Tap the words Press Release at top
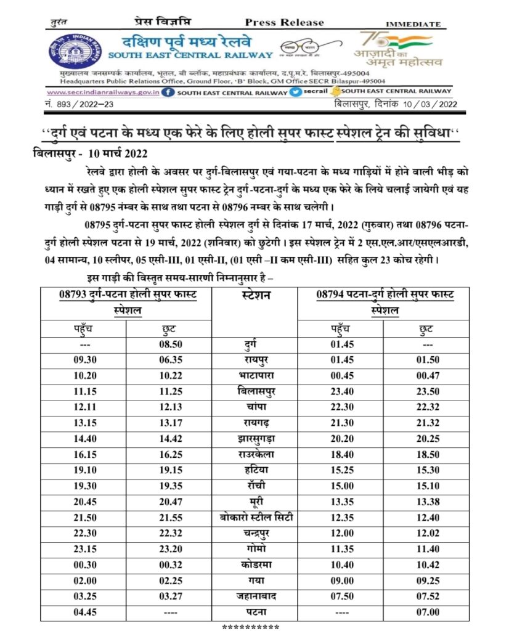[284, 22]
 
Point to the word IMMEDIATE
[414, 24]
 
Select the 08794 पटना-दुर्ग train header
[385, 303]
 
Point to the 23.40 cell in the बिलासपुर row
[341, 391]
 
